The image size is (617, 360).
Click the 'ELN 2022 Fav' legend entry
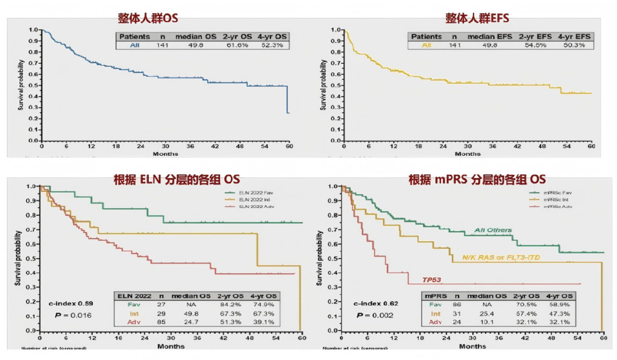253,192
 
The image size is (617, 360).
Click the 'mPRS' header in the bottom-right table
436,297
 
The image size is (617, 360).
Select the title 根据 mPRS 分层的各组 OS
469,179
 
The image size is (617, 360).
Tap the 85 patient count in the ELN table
161,323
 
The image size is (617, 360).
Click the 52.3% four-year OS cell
274,45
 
